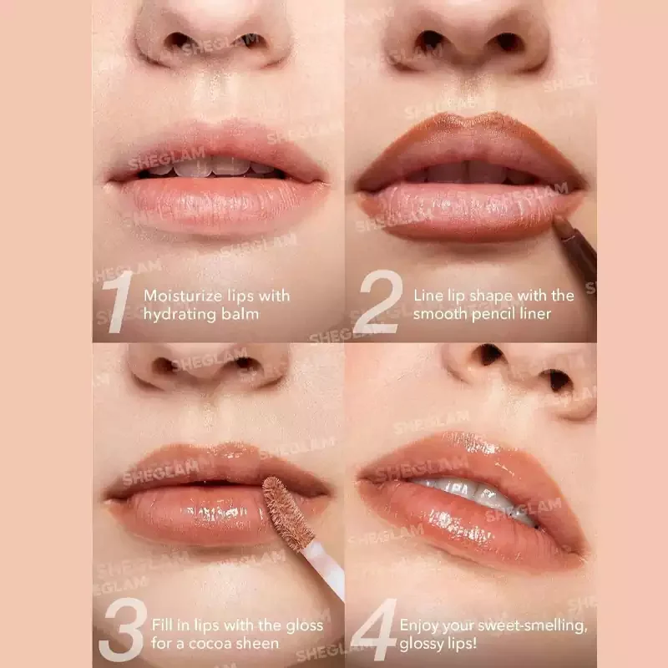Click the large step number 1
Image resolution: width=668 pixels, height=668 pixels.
pyautogui.click(x=119, y=301)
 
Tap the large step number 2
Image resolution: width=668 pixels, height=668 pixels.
pyautogui.click(x=379, y=301)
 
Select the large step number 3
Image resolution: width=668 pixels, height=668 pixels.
pyautogui.click(x=124, y=630)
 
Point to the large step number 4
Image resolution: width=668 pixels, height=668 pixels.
pyautogui.click(x=375, y=630)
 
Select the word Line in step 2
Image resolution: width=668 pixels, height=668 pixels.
pyautogui.click(x=428, y=296)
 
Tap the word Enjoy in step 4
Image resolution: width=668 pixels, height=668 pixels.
pyautogui.click(x=420, y=625)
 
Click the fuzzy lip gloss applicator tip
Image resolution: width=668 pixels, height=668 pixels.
pyautogui.click(x=286, y=513)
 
